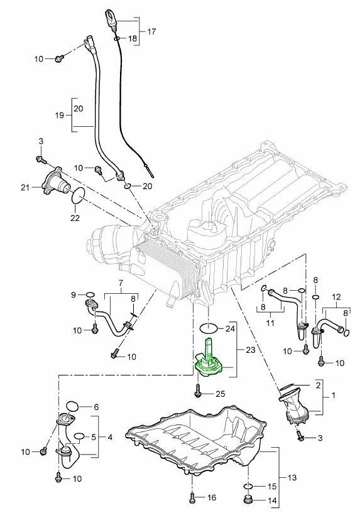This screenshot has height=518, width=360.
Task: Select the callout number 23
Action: pyautogui.click(x=250, y=350)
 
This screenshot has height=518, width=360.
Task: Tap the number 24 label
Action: pyautogui.click(x=230, y=329)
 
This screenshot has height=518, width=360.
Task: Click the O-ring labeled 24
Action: pyautogui.click(x=209, y=328)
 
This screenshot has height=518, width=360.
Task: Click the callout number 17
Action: pyautogui.click(x=151, y=32)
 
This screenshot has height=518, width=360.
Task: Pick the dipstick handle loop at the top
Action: pyautogui.click(x=109, y=16)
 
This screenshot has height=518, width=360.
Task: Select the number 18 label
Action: pyautogui.click(x=132, y=39)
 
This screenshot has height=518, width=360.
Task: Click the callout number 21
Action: pyautogui.click(x=25, y=188)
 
